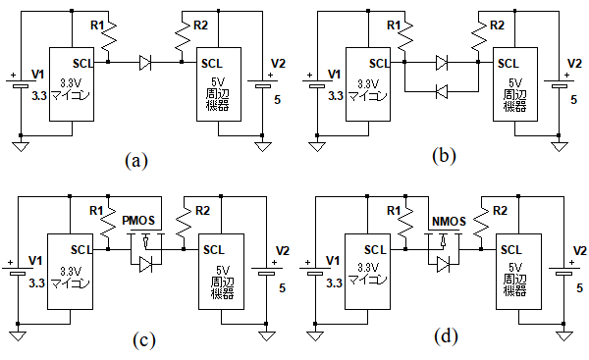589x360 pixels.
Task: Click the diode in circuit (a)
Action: tap(145, 63)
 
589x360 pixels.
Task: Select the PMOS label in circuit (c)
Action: tap(138, 221)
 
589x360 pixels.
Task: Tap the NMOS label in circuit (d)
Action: tap(449, 221)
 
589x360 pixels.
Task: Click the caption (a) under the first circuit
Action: tap(136, 160)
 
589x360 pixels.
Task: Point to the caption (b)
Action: tap(444, 155)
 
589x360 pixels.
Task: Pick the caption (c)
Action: tap(144, 340)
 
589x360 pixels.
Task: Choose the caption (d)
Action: tap(446, 336)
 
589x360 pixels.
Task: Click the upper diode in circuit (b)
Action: tap(442, 63)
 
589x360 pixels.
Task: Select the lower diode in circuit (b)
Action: tap(442, 91)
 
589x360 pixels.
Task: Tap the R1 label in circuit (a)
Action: tap(96, 26)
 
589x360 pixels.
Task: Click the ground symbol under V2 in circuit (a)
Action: tap(262, 146)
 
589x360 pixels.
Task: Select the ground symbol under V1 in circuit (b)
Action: tap(317, 146)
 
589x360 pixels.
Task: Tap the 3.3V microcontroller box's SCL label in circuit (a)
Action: tap(82, 64)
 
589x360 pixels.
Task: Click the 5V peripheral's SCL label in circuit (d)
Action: tap(510, 250)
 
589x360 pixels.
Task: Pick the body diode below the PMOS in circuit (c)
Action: tap(145, 265)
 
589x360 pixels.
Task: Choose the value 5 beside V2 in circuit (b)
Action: tap(573, 100)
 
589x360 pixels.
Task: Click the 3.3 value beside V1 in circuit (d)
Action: tap(334, 283)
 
